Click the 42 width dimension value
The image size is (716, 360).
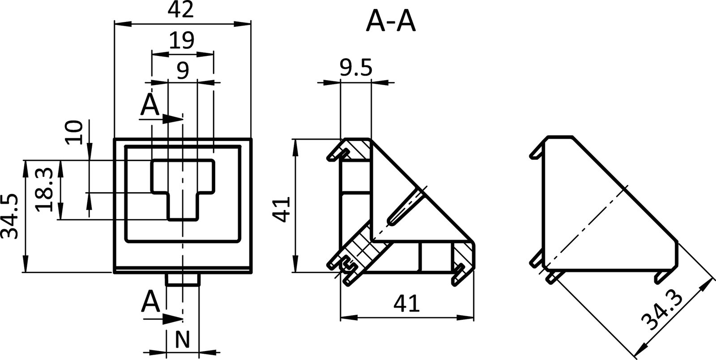(182, 10)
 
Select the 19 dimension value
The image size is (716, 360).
(182, 41)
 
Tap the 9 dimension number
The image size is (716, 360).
(183, 70)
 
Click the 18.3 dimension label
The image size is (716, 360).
(46, 190)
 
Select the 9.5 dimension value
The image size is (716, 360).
(355, 69)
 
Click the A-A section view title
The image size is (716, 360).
(391, 21)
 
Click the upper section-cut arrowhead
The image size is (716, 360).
(172, 119)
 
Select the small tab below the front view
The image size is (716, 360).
(183, 280)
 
